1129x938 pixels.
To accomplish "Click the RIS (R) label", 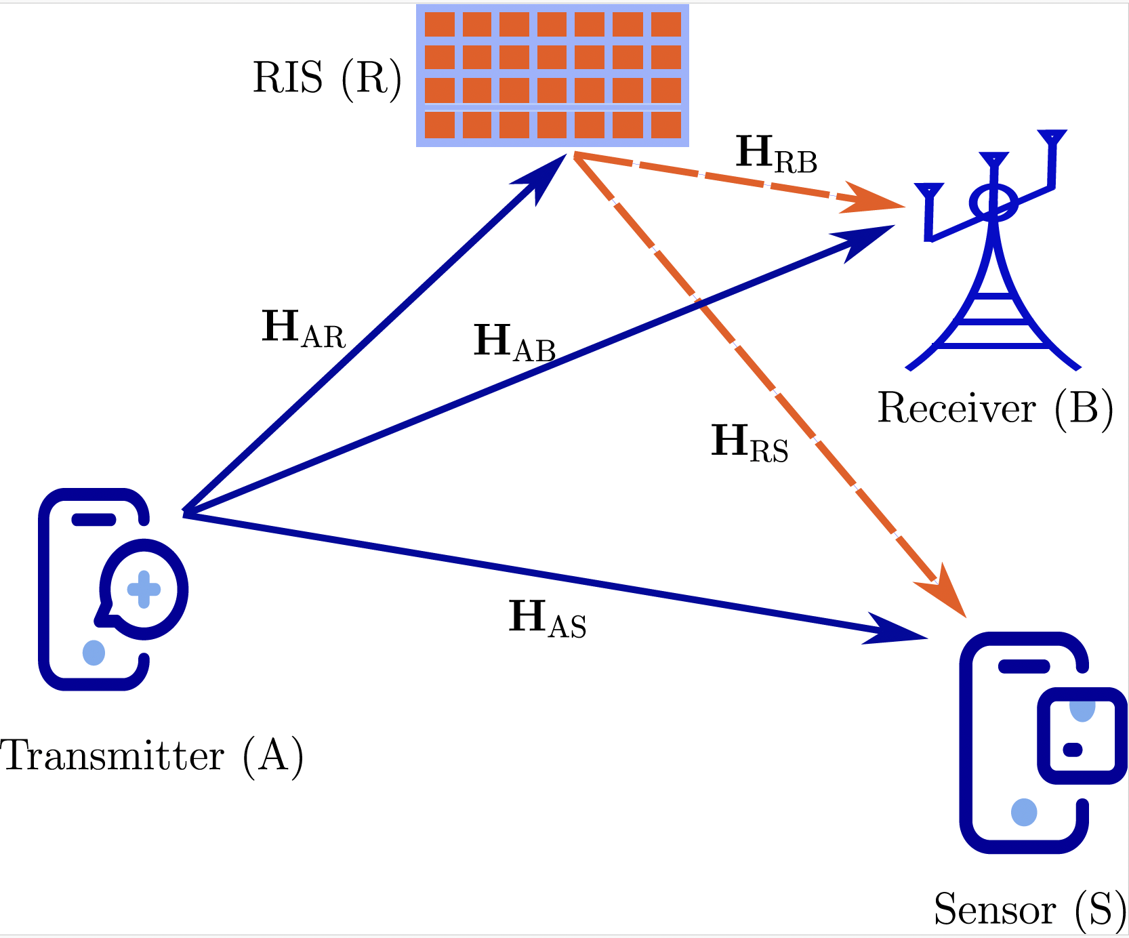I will click(x=327, y=79).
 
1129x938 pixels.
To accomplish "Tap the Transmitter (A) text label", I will click(x=152, y=756).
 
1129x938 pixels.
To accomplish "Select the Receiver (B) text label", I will click(x=995, y=409).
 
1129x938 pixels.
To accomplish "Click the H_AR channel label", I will click(x=303, y=329).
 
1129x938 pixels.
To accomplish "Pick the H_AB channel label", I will click(x=514, y=343).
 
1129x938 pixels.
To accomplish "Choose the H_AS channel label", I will click(x=547, y=619).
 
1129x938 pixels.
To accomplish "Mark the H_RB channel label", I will click(x=776, y=155).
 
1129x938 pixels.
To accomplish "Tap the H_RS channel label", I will click(x=750, y=444).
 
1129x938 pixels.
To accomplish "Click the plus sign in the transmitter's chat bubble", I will click(x=144, y=589).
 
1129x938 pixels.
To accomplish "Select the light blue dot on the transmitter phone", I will click(x=94, y=653).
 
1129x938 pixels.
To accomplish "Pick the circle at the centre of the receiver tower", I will click(x=993, y=203).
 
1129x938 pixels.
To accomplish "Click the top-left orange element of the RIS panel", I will click(x=440, y=24).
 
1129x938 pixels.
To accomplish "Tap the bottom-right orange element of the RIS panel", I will click(x=666, y=125).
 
